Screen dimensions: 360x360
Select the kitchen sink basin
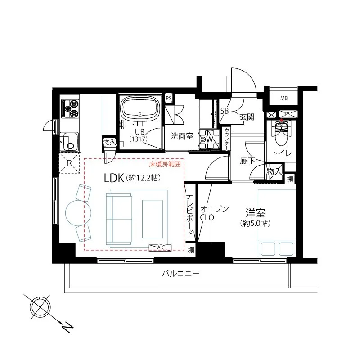pos(69,141)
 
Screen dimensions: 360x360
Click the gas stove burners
pos(69,108)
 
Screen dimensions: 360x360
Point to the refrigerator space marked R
pos(69,163)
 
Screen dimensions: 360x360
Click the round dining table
pos(78,213)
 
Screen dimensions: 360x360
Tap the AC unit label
pos(161,247)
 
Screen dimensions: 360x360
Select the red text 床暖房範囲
pos(165,164)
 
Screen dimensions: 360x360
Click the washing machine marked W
pos(209,139)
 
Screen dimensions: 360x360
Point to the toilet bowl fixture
pos(282,134)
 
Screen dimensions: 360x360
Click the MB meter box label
pos(284,98)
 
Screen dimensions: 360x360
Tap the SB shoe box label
pos(224,111)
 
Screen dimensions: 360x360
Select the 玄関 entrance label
pos(247,117)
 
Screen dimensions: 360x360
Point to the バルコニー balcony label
pos(180,274)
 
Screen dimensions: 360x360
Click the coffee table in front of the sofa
pos(153,219)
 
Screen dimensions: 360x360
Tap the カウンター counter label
pos(227,139)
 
